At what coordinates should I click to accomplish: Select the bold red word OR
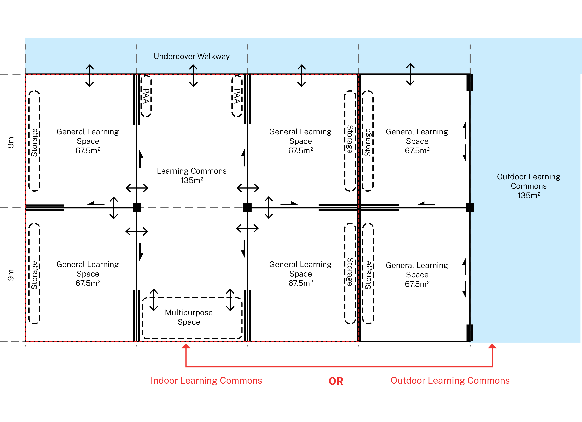(x=336, y=381)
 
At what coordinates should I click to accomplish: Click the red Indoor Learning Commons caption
(x=206, y=380)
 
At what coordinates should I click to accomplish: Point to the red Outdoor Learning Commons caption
(x=450, y=380)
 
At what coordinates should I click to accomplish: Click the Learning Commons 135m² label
(x=192, y=176)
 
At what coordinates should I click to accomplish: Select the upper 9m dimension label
(x=11, y=142)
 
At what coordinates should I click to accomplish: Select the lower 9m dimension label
(x=11, y=275)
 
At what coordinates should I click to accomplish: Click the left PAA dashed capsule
(x=146, y=96)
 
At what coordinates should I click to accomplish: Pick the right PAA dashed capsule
(x=237, y=96)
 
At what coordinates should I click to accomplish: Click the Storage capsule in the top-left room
(x=34, y=141)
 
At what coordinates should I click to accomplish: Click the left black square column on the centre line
(x=137, y=207)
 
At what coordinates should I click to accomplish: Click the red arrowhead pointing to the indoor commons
(x=186, y=346)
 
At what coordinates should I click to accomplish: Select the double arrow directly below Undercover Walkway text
(x=193, y=76)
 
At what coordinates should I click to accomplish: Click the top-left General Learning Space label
(x=88, y=141)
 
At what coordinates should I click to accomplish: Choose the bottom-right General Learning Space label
(x=417, y=274)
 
